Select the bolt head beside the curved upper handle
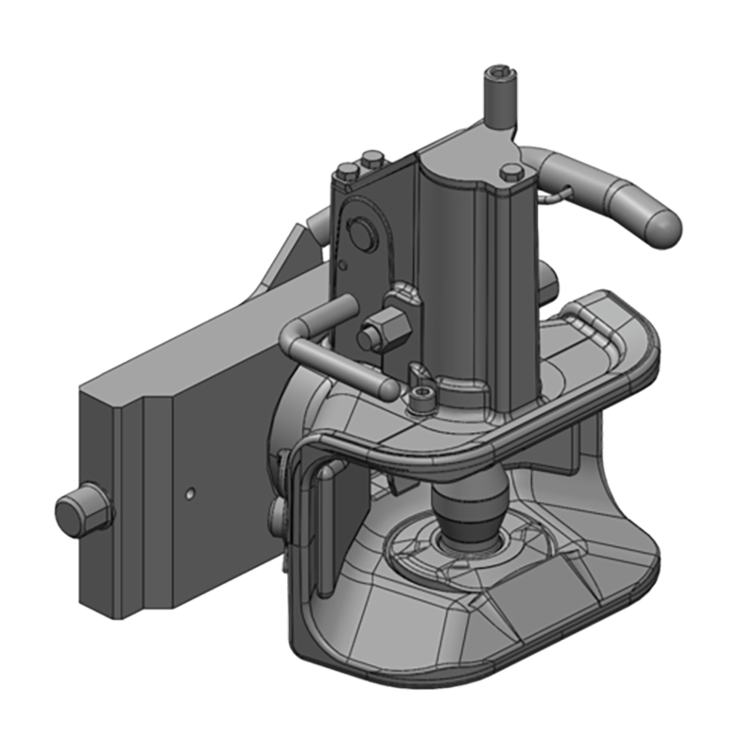(512, 173)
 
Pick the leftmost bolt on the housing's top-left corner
(348, 171)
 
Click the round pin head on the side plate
(360, 231)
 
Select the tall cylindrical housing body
(478, 274)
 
